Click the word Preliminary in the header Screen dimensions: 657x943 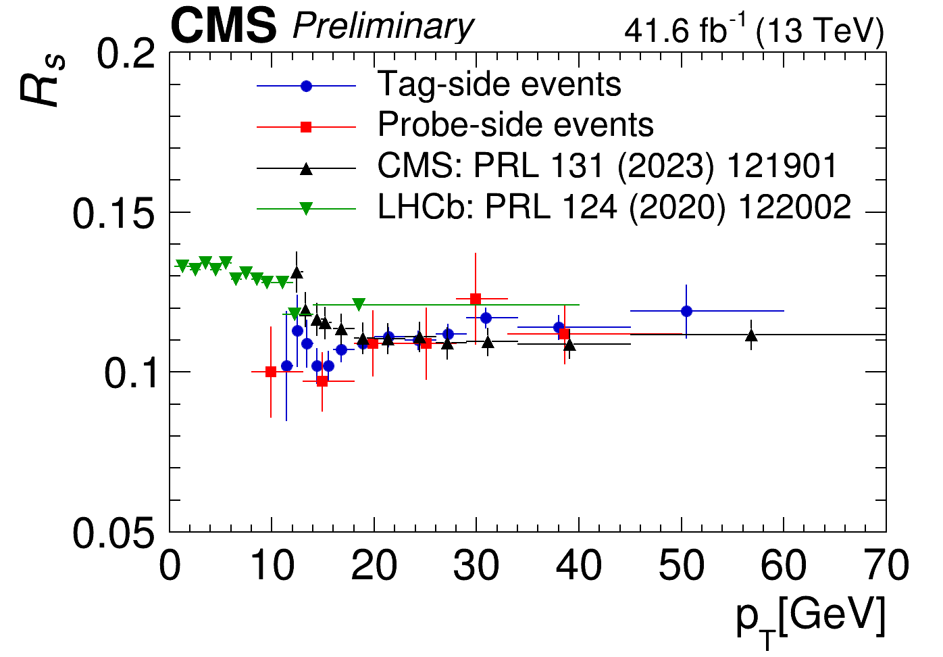(383, 27)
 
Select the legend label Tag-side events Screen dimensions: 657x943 (499, 85)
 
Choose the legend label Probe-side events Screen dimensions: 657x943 (515, 125)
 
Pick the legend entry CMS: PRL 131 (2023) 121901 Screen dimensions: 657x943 (607, 166)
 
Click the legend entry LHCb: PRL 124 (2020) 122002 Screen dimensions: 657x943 (614, 208)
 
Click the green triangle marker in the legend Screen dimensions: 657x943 (306, 208)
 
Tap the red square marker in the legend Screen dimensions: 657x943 (306, 126)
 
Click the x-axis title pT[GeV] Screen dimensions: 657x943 (810, 618)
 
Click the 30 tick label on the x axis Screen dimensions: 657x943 (476, 566)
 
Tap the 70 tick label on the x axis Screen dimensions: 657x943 (885, 566)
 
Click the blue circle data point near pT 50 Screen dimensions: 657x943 (686, 311)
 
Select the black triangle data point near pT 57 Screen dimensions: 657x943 (751, 335)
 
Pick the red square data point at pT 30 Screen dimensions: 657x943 (476, 299)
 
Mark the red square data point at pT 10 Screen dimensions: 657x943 (271, 372)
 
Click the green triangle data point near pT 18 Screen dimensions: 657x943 (359, 304)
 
